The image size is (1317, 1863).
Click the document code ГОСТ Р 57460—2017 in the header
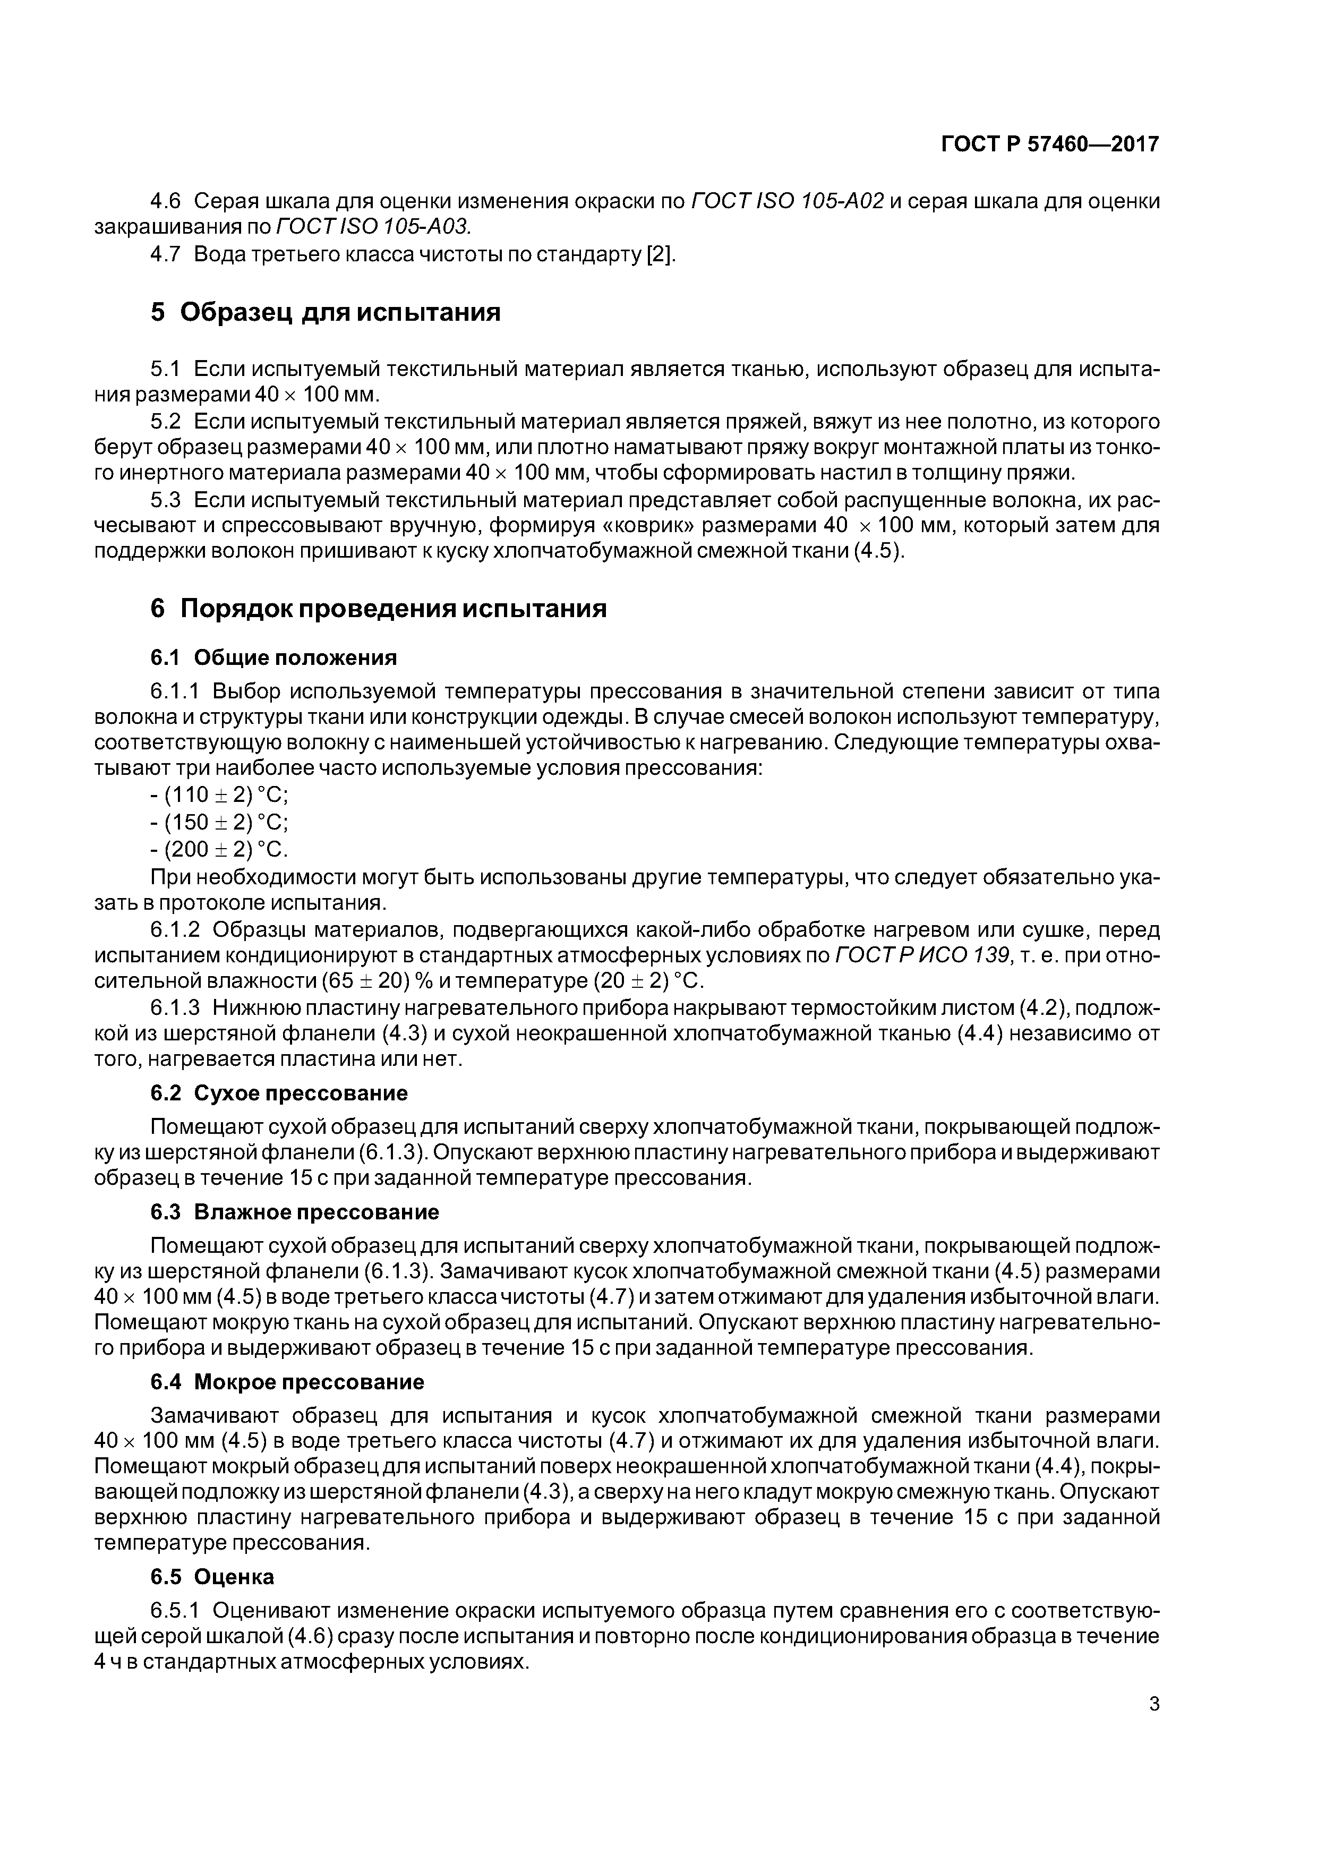[1050, 144]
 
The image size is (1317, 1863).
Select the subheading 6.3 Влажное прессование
[295, 1212]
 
